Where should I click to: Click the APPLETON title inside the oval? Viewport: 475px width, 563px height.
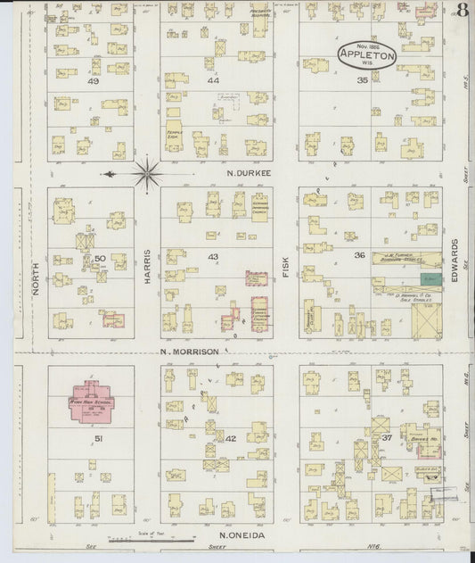(x=367, y=53)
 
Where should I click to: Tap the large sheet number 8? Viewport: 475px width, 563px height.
(x=463, y=12)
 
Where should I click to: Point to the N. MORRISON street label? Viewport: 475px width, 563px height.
(x=189, y=352)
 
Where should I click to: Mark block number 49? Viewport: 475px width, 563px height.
(x=92, y=80)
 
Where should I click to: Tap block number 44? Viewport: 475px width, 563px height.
(x=212, y=80)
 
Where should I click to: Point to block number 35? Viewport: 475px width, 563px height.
(x=362, y=80)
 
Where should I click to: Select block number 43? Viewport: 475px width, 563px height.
(x=212, y=257)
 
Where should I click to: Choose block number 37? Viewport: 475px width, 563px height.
(x=387, y=438)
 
